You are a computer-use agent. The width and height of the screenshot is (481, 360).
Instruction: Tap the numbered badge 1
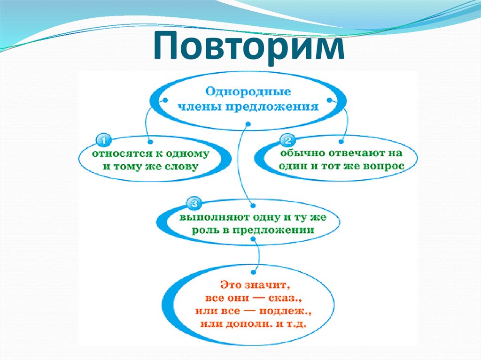tap(102, 140)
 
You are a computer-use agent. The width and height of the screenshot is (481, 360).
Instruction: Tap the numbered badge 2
tap(287, 140)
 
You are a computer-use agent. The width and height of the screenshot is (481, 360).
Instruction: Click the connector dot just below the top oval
tap(248, 124)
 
